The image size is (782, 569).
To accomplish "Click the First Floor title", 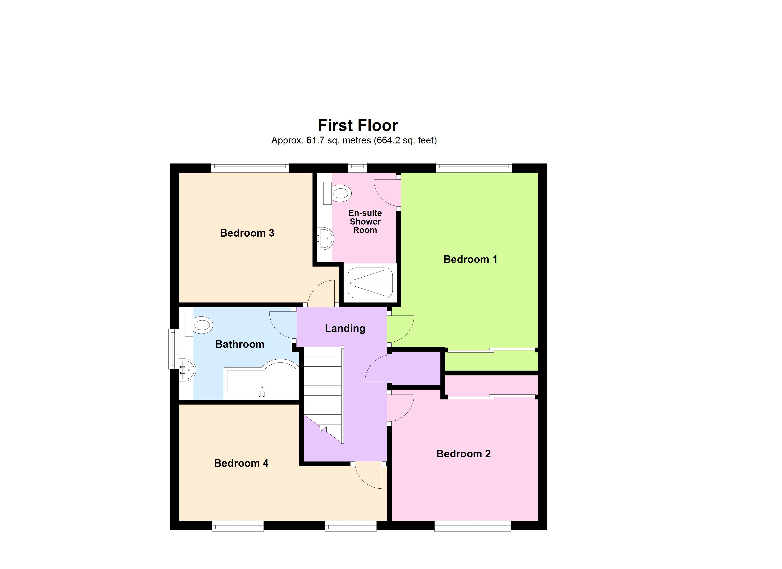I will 358,125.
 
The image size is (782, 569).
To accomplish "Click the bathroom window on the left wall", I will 173,349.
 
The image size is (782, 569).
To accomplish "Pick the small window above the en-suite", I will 357,167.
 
